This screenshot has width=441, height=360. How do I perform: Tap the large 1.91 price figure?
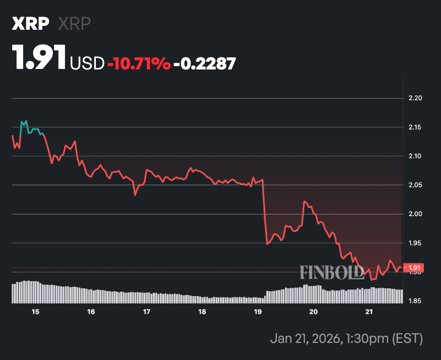pyautogui.click(x=40, y=58)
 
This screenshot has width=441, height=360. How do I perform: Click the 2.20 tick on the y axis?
pyautogui.click(x=414, y=98)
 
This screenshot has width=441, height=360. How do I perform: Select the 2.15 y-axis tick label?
pyautogui.click(x=414, y=127)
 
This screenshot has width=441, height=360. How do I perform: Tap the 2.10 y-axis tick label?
pyautogui.click(x=414, y=156)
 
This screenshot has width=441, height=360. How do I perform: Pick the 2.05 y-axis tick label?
pyautogui.click(x=414, y=185)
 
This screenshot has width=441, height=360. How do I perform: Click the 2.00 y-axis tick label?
pyautogui.click(x=414, y=214)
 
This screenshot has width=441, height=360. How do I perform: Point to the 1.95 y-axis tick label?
pyautogui.click(x=414, y=243)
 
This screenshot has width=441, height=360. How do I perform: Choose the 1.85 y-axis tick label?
pyautogui.click(x=414, y=301)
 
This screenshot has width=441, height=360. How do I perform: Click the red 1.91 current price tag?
pyautogui.click(x=413, y=268)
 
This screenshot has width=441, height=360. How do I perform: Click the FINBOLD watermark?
pyautogui.click(x=331, y=272)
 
